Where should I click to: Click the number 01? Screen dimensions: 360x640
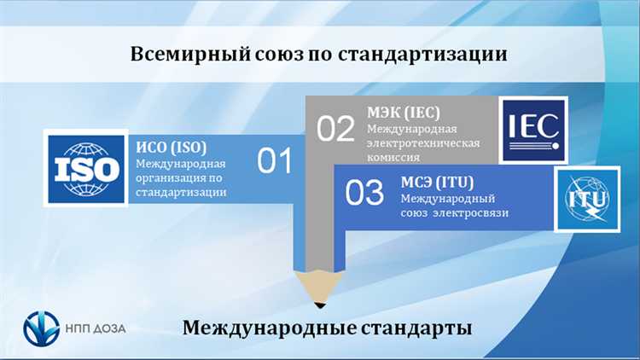pyautogui.click(x=275, y=160)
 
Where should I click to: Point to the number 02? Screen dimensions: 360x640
pyautogui.click(x=335, y=128)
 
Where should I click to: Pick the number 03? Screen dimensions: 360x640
pyautogui.click(x=364, y=193)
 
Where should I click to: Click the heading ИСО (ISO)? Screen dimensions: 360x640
pyautogui.click(x=172, y=145)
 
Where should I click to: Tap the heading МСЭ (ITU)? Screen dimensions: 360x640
pyautogui.click(x=437, y=181)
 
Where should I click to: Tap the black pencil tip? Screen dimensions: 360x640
pyautogui.click(x=320, y=303)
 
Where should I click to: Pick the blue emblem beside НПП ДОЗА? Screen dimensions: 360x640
pyautogui.click(x=42, y=328)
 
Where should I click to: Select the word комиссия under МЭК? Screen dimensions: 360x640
pyautogui.click(x=393, y=158)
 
